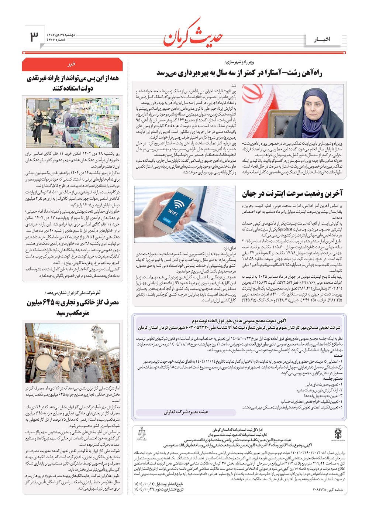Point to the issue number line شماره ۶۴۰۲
point(60,40)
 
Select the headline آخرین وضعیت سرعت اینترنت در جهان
point(292,193)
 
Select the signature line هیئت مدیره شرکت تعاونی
point(186,412)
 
